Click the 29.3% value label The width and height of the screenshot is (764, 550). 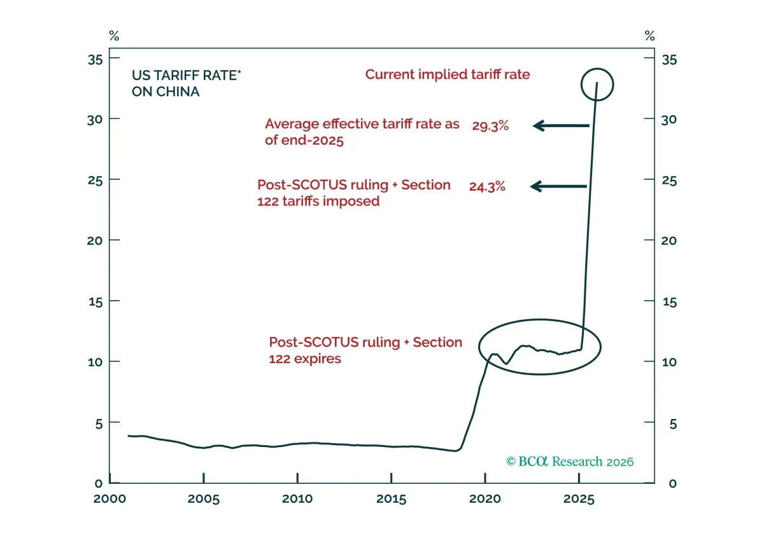490,126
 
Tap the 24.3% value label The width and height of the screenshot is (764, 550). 487,187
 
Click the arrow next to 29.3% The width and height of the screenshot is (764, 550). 561,126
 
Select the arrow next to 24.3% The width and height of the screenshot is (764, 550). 558,186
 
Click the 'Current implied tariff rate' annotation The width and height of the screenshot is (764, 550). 448,74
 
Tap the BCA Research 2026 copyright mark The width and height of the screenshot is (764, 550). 570,462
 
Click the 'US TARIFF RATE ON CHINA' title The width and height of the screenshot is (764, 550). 186,83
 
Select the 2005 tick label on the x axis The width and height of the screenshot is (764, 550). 204,499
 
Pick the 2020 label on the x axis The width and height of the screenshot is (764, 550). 485,499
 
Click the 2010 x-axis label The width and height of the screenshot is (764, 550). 297,499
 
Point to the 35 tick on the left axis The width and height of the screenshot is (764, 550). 95,60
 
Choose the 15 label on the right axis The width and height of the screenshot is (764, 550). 670,302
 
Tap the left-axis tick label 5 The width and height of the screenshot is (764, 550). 99,424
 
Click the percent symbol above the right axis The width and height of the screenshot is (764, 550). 650,36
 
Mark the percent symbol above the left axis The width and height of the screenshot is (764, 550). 114,36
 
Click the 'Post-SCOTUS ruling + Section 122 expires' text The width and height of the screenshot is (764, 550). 365,350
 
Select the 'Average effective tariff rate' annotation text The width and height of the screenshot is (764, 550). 362,132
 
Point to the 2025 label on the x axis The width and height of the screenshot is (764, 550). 579,499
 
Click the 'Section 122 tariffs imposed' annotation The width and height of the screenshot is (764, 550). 354,193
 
